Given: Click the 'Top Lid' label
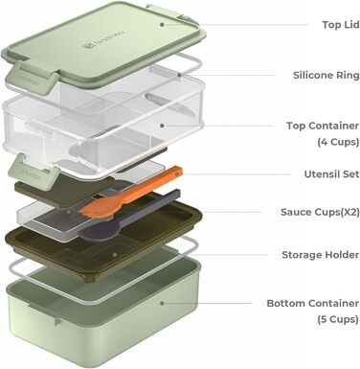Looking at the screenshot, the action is point(341,25).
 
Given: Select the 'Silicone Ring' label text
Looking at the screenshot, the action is point(326,76).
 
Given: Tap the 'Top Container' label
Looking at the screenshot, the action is point(323,126).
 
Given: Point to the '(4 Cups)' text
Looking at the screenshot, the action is point(338,142).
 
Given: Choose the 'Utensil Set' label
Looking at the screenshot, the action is point(331,174).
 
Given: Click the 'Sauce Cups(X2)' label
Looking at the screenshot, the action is point(320,212).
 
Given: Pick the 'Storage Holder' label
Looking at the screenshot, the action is point(320,255).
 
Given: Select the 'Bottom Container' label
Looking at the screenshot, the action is point(313,303).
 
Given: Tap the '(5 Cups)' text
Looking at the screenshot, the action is point(338,319).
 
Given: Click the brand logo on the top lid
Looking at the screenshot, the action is point(103,40).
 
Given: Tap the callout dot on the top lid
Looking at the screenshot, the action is point(162,24).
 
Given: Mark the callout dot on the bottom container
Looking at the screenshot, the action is point(162,303).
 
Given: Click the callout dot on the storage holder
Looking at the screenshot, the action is point(114,255).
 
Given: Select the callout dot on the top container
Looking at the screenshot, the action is point(162,126).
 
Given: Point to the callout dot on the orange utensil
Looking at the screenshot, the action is point(177,174).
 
